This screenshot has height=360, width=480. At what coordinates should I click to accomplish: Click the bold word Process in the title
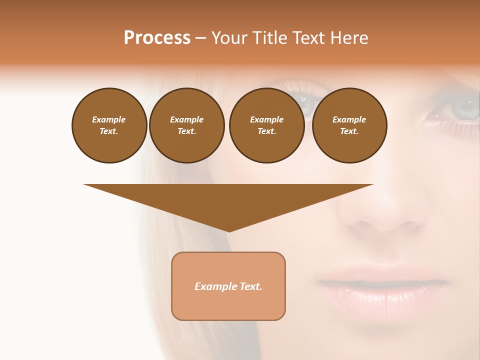[157, 38]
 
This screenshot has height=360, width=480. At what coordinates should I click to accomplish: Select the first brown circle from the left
[109, 125]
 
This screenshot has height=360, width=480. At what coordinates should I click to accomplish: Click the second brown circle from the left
[186, 125]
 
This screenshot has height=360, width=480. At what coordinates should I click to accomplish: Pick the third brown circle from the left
[266, 125]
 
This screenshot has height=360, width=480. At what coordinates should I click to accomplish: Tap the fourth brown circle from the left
[349, 125]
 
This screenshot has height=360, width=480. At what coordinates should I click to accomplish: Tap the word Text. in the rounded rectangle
[251, 286]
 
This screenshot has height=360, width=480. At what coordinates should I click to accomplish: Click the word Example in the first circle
[109, 119]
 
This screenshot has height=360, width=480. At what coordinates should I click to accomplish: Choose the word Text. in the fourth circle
[349, 131]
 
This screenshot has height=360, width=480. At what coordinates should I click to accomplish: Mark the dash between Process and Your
[200, 38]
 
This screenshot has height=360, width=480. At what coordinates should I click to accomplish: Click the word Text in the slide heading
[308, 38]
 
